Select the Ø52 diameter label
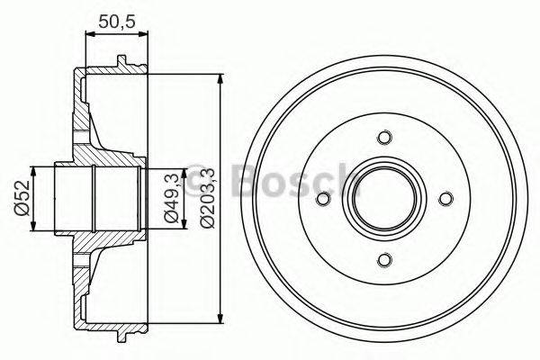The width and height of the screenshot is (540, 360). [27, 198]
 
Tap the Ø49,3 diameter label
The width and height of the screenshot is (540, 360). [170, 198]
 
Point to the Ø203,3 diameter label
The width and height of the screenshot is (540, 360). [206, 198]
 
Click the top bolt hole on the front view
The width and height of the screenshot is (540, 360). [385, 138]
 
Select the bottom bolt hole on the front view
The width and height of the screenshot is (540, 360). [385, 259]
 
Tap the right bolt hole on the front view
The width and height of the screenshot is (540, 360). [445, 198]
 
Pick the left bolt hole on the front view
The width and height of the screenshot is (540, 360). [325, 198]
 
